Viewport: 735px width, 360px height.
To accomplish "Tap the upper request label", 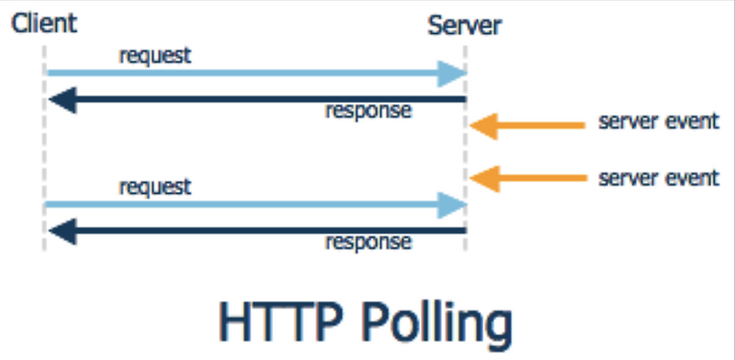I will pyautogui.click(x=155, y=55).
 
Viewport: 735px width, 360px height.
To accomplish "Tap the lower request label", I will pyautogui.click(x=155, y=187).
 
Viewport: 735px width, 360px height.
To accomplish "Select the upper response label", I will pyautogui.click(x=368, y=111).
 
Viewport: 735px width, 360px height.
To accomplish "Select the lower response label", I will pyautogui.click(x=368, y=242).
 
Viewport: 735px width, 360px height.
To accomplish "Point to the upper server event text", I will pyautogui.click(x=658, y=122).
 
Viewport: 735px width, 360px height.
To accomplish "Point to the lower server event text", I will pyautogui.click(x=658, y=177).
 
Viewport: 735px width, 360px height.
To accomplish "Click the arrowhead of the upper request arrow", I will pyautogui.click(x=452, y=73).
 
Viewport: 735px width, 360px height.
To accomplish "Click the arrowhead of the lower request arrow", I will pyautogui.click(x=452, y=205).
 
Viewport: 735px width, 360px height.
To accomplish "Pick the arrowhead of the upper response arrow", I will pyautogui.click(x=59, y=99).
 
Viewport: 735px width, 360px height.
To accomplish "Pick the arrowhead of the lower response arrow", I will pyautogui.click(x=59, y=231).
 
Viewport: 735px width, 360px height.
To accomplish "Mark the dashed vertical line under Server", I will pyautogui.click(x=466, y=152).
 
